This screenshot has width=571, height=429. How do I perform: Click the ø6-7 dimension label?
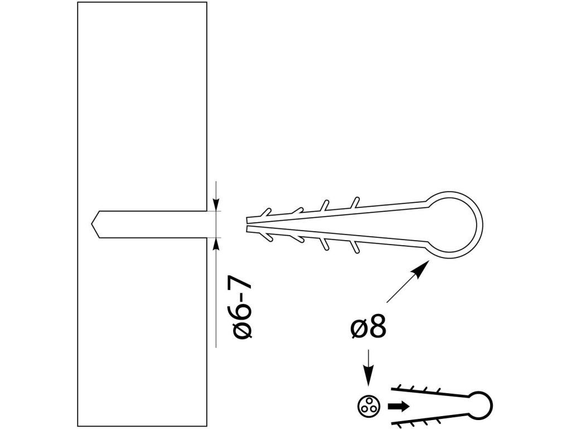pos(242,309)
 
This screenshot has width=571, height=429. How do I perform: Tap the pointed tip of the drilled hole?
pos(91,225)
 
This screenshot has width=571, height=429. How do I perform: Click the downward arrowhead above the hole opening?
pos(216,204)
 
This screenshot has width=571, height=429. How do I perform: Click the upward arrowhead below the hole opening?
pos(216,245)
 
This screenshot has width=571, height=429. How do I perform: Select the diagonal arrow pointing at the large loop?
pos(408,282)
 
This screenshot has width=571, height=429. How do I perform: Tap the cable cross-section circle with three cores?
pos(369,406)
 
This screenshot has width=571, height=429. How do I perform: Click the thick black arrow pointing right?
pos(398,407)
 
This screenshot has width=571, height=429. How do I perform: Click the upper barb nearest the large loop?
pos(355,203)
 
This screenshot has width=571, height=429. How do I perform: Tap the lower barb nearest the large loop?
pos(355,246)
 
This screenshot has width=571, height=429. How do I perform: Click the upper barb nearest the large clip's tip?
pos(266,212)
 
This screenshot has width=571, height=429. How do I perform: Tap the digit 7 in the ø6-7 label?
pos(242,288)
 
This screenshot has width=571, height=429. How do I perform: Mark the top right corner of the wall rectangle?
pos(207,2)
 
